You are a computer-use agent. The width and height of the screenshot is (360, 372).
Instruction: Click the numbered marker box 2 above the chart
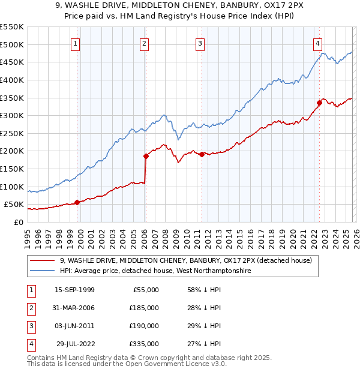coord(145,43)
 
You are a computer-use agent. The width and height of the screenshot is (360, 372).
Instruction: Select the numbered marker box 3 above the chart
coord(200,43)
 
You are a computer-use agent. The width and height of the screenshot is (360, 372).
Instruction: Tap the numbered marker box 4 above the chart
coord(317,43)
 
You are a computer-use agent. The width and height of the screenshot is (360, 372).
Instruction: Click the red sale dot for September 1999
coord(77,202)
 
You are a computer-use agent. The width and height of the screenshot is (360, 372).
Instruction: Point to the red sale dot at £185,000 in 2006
coord(146,156)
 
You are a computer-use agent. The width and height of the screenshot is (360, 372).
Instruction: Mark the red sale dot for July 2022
coord(319,103)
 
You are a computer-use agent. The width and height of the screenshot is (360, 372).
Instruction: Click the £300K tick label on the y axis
coord(11,115)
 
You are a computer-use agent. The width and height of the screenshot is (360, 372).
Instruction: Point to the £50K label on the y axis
coord(13,205)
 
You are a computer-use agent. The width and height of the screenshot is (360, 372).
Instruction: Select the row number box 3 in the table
coord(29,326)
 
